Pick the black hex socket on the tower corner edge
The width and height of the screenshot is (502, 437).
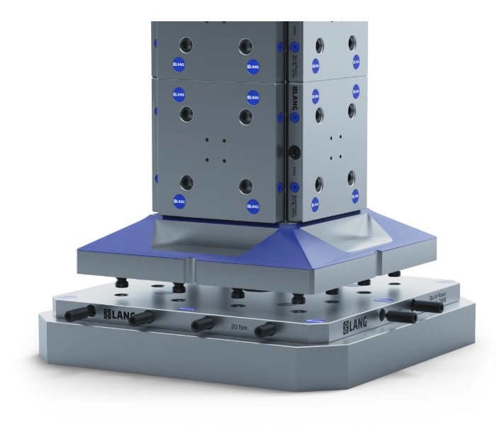coord(293,151)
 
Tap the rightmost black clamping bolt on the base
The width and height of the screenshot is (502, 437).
coord(428,306)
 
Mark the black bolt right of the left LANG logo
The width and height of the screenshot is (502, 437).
coord(143,316)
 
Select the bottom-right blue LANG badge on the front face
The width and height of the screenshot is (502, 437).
coord(253,206)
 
